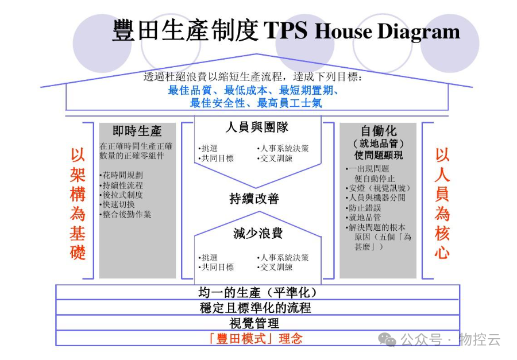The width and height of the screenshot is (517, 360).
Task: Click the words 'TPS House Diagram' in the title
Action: click(x=362, y=31)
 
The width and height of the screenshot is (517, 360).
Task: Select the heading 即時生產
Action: click(x=137, y=131)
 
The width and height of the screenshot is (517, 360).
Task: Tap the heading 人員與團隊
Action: click(x=257, y=127)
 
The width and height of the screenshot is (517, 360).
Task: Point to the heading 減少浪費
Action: click(x=257, y=234)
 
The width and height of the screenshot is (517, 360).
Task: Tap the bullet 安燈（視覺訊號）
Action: click(x=379, y=188)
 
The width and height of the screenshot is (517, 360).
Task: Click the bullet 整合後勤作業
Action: click(x=126, y=215)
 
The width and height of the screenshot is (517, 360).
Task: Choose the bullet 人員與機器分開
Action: click(x=376, y=198)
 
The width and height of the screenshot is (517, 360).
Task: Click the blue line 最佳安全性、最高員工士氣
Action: click(x=256, y=103)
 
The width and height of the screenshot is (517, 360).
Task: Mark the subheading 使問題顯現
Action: click(x=379, y=155)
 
